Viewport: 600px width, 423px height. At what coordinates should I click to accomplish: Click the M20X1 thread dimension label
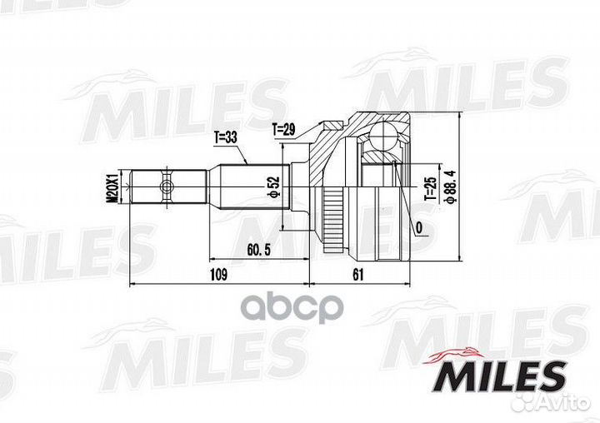[x=112, y=187]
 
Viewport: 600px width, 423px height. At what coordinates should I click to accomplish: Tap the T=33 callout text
[x=225, y=137]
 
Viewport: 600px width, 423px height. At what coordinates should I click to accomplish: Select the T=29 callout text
[x=283, y=130]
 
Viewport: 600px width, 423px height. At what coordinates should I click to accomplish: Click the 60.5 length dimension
[x=258, y=250]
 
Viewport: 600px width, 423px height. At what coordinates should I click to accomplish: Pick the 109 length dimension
[x=218, y=274]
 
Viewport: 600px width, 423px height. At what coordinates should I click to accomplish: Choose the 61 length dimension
[x=357, y=274]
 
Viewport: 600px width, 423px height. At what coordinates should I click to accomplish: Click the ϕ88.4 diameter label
[x=450, y=187]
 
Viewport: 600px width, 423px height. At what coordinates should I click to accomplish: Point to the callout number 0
[x=419, y=228]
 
